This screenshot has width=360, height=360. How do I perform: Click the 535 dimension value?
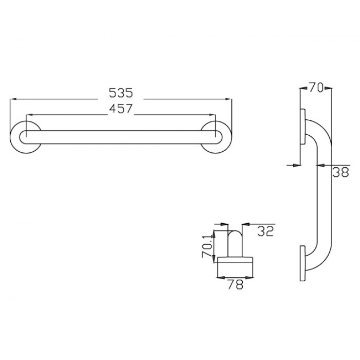coord(121,93)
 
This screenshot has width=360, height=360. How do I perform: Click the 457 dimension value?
coord(121,109)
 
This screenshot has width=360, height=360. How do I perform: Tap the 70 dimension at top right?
coord(315,88)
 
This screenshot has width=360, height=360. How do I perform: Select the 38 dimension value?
coord(341,173)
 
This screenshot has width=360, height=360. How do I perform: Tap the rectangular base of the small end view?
coord(235,265)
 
